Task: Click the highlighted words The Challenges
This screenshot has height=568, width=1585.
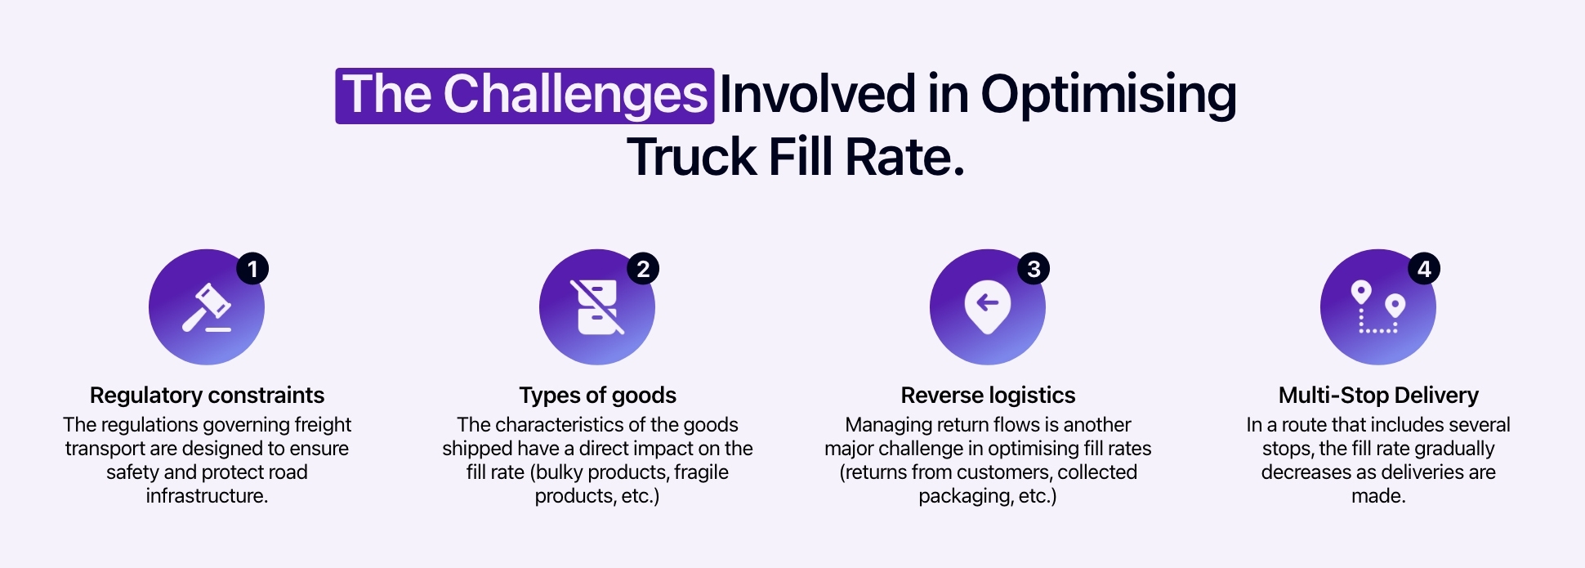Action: (x=525, y=96)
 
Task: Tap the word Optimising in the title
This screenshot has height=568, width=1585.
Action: (x=1108, y=96)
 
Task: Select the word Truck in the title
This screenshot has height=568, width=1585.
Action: (x=691, y=157)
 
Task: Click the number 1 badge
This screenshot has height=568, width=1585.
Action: (x=252, y=269)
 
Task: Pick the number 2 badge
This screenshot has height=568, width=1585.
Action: (x=643, y=269)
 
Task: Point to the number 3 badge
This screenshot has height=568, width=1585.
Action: (x=1034, y=269)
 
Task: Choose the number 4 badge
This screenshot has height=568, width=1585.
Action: (x=1424, y=269)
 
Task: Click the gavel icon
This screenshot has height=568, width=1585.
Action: (x=206, y=308)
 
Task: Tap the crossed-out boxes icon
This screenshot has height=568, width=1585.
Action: (x=596, y=308)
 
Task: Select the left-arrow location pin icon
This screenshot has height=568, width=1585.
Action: (x=987, y=307)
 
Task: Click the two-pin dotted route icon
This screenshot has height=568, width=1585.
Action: (x=1377, y=307)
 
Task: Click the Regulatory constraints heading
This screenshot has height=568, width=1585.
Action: (x=207, y=396)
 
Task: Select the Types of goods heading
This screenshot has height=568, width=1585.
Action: (x=597, y=396)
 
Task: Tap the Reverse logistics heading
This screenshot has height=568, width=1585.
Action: (x=988, y=396)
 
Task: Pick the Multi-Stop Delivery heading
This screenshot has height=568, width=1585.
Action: (x=1378, y=396)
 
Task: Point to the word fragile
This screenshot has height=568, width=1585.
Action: (x=701, y=472)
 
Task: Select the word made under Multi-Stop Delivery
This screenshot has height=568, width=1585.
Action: (x=1377, y=496)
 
